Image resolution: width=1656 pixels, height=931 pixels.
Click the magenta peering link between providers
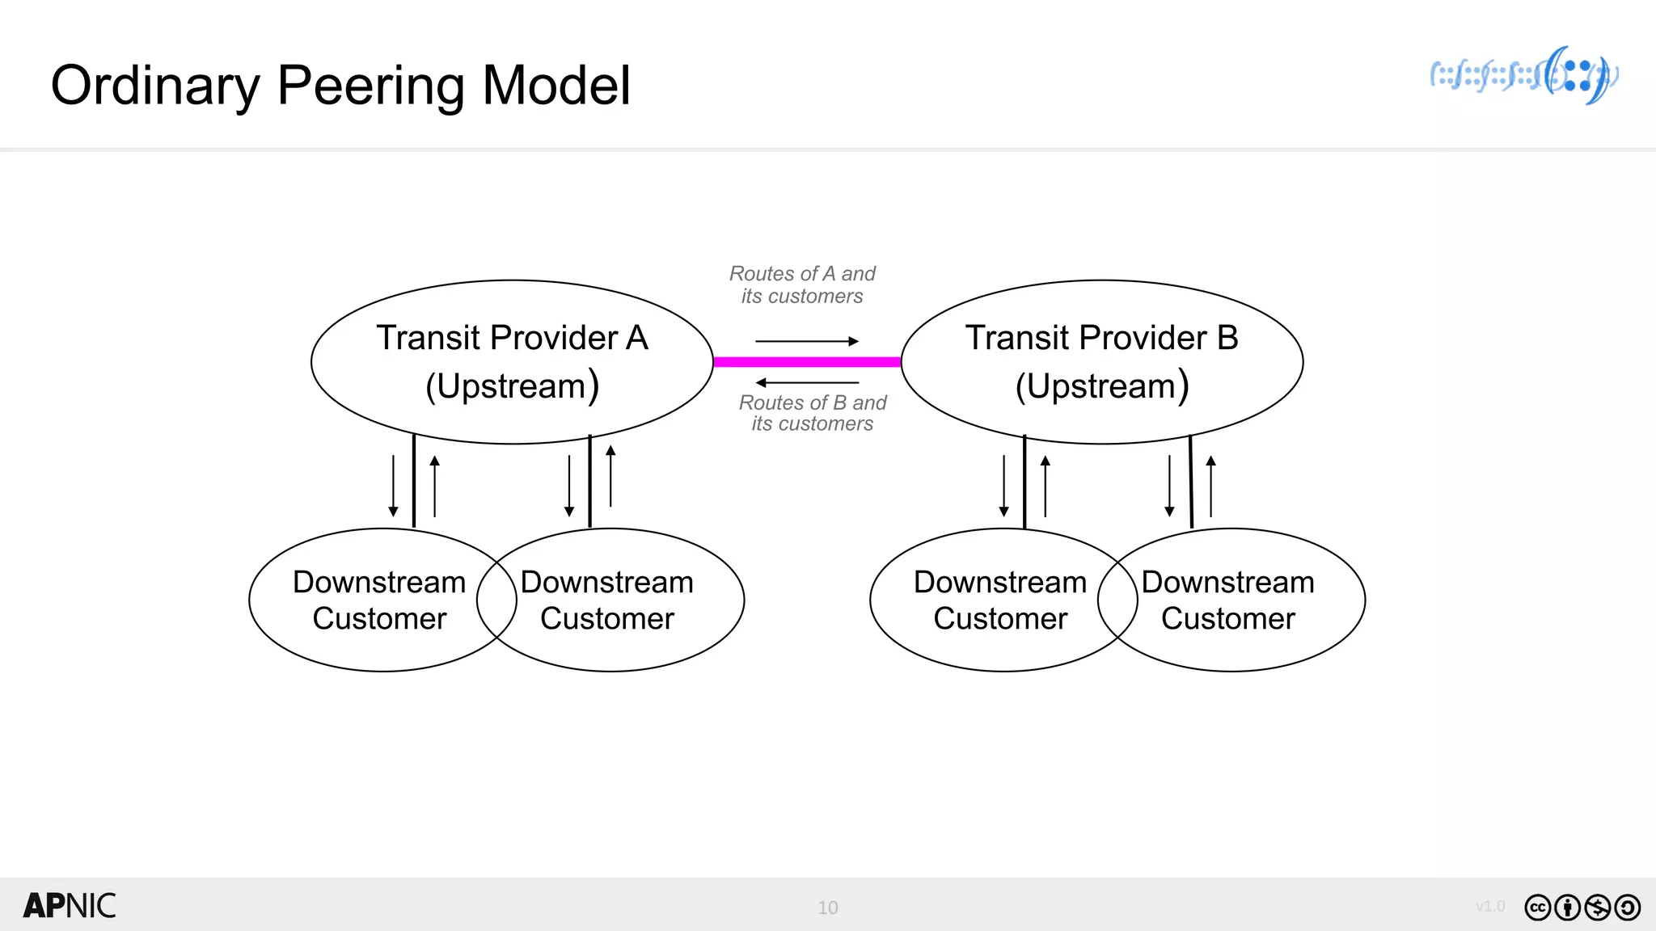click(x=807, y=362)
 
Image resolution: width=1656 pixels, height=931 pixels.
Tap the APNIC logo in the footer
click(x=70, y=906)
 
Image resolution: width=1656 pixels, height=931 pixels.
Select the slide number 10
click(x=827, y=908)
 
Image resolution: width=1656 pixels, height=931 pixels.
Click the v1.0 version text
click(x=1489, y=907)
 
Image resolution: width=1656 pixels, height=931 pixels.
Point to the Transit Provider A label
click(x=512, y=338)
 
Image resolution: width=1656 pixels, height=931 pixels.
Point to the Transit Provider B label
click(x=1101, y=338)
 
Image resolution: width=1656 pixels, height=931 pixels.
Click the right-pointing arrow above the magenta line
click(x=807, y=341)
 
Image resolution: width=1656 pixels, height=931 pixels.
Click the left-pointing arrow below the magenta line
click(x=807, y=383)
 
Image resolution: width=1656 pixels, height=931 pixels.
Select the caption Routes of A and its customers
click(x=802, y=285)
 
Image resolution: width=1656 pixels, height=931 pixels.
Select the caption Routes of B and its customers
click(x=813, y=413)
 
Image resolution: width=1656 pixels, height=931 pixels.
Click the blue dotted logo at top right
click(x=1524, y=76)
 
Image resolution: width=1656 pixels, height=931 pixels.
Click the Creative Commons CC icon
click(x=1537, y=908)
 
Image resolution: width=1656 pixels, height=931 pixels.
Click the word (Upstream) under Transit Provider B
click(x=1101, y=386)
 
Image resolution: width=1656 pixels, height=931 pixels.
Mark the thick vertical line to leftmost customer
click(x=414, y=482)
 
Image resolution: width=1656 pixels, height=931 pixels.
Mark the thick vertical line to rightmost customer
click(x=1191, y=482)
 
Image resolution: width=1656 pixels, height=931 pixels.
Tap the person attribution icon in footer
click(x=1567, y=908)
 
